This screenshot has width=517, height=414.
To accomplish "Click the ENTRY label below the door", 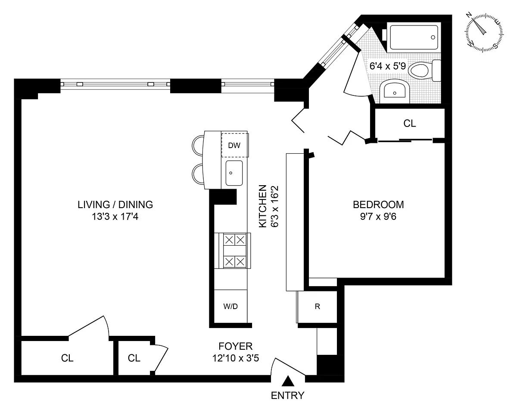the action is (x=287, y=395).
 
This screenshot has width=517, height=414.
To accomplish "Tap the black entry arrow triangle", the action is (x=288, y=381).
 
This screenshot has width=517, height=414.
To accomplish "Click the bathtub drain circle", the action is (x=433, y=37).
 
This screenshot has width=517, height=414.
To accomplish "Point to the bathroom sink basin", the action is (x=395, y=91).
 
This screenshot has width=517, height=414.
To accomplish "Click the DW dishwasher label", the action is (x=234, y=145).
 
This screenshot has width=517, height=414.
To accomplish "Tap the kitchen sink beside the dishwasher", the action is (x=234, y=173).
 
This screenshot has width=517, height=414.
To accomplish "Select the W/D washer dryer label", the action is (x=230, y=307).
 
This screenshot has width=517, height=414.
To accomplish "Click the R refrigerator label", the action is (x=318, y=307).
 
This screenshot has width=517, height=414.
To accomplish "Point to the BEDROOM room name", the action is (x=378, y=205).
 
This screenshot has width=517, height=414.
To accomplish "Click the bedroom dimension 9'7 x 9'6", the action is (x=378, y=216).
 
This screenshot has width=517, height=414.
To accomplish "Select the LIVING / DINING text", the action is (x=115, y=205).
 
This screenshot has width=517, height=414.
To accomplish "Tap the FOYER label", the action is (x=235, y=346).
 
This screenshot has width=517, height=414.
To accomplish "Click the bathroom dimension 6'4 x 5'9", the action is (x=387, y=66).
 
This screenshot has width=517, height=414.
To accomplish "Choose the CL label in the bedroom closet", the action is (x=410, y=123).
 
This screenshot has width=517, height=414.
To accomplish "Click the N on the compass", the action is (x=469, y=16).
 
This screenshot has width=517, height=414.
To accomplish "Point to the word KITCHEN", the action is (x=262, y=206).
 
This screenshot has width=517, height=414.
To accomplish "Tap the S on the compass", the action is (x=495, y=46).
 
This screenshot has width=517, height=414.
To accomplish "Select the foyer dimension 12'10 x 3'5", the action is (x=235, y=358).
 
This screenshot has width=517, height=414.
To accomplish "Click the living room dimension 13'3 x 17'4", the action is (x=115, y=217).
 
